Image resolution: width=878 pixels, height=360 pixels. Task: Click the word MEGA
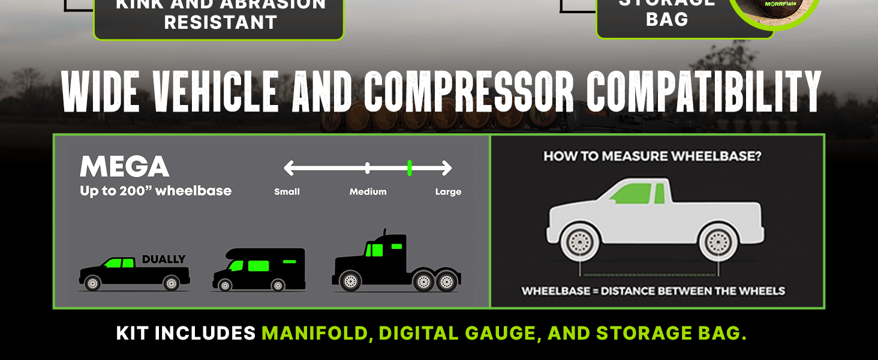pyautogui.click(x=125, y=166)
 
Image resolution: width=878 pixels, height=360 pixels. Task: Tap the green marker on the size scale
pyautogui.click(x=410, y=168)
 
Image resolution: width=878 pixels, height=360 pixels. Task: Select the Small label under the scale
pyautogui.click(x=287, y=192)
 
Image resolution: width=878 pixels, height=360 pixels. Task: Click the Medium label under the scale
pyautogui.click(x=368, y=192)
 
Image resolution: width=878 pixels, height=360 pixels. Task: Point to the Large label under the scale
pyautogui.click(x=448, y=192)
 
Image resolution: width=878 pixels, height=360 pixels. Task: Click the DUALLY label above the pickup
pyautogui.click(x=164, y=260)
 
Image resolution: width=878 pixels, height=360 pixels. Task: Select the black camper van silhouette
pyautogui.click(x=258, y=270)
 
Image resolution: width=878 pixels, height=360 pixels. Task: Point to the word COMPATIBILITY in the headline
pyautogui.click(x=703, y=92)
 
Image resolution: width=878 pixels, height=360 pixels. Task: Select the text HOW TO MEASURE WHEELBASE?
pyautogui.click(x=653, y=157)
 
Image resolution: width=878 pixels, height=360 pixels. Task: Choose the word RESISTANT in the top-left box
pyautogui.click(x=220, y=23)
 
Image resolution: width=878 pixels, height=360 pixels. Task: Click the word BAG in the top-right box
pyautogui.click(x=667, y=20)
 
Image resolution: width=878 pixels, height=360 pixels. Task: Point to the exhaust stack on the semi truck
pyautogui.click(x=384, y=234)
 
